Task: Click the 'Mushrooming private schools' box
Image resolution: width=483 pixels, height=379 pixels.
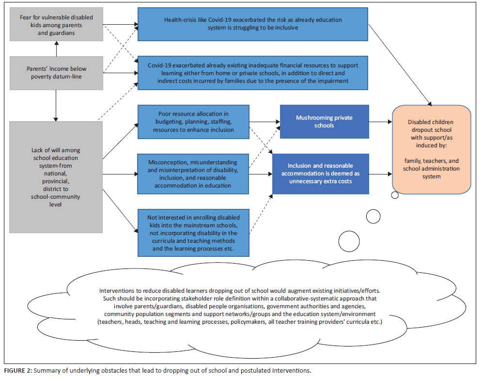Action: [x=324, y=121]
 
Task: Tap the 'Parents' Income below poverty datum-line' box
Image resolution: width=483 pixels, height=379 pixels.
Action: [x=57, y=73]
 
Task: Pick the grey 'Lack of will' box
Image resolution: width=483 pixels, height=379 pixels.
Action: [x=56, y=177]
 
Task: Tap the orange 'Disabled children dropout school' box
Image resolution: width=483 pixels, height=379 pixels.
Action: [x=431, y=149]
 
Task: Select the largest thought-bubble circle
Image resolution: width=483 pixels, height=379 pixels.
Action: [x=349, y=240]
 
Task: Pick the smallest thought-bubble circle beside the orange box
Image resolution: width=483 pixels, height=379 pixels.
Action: [x=395, y=195]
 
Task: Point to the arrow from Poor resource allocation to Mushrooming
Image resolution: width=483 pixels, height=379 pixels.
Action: [x=265, y=121]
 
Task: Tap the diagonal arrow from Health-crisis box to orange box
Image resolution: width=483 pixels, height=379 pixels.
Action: [x=402, y=71]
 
